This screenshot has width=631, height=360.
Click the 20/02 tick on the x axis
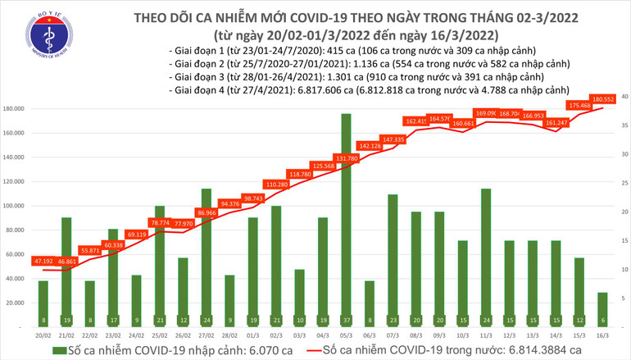coord(43,335)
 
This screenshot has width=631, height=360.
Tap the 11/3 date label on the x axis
coord(486,335)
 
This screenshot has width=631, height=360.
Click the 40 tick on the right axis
coord(624,97)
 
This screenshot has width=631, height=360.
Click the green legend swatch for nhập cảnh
coord(58,351)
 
